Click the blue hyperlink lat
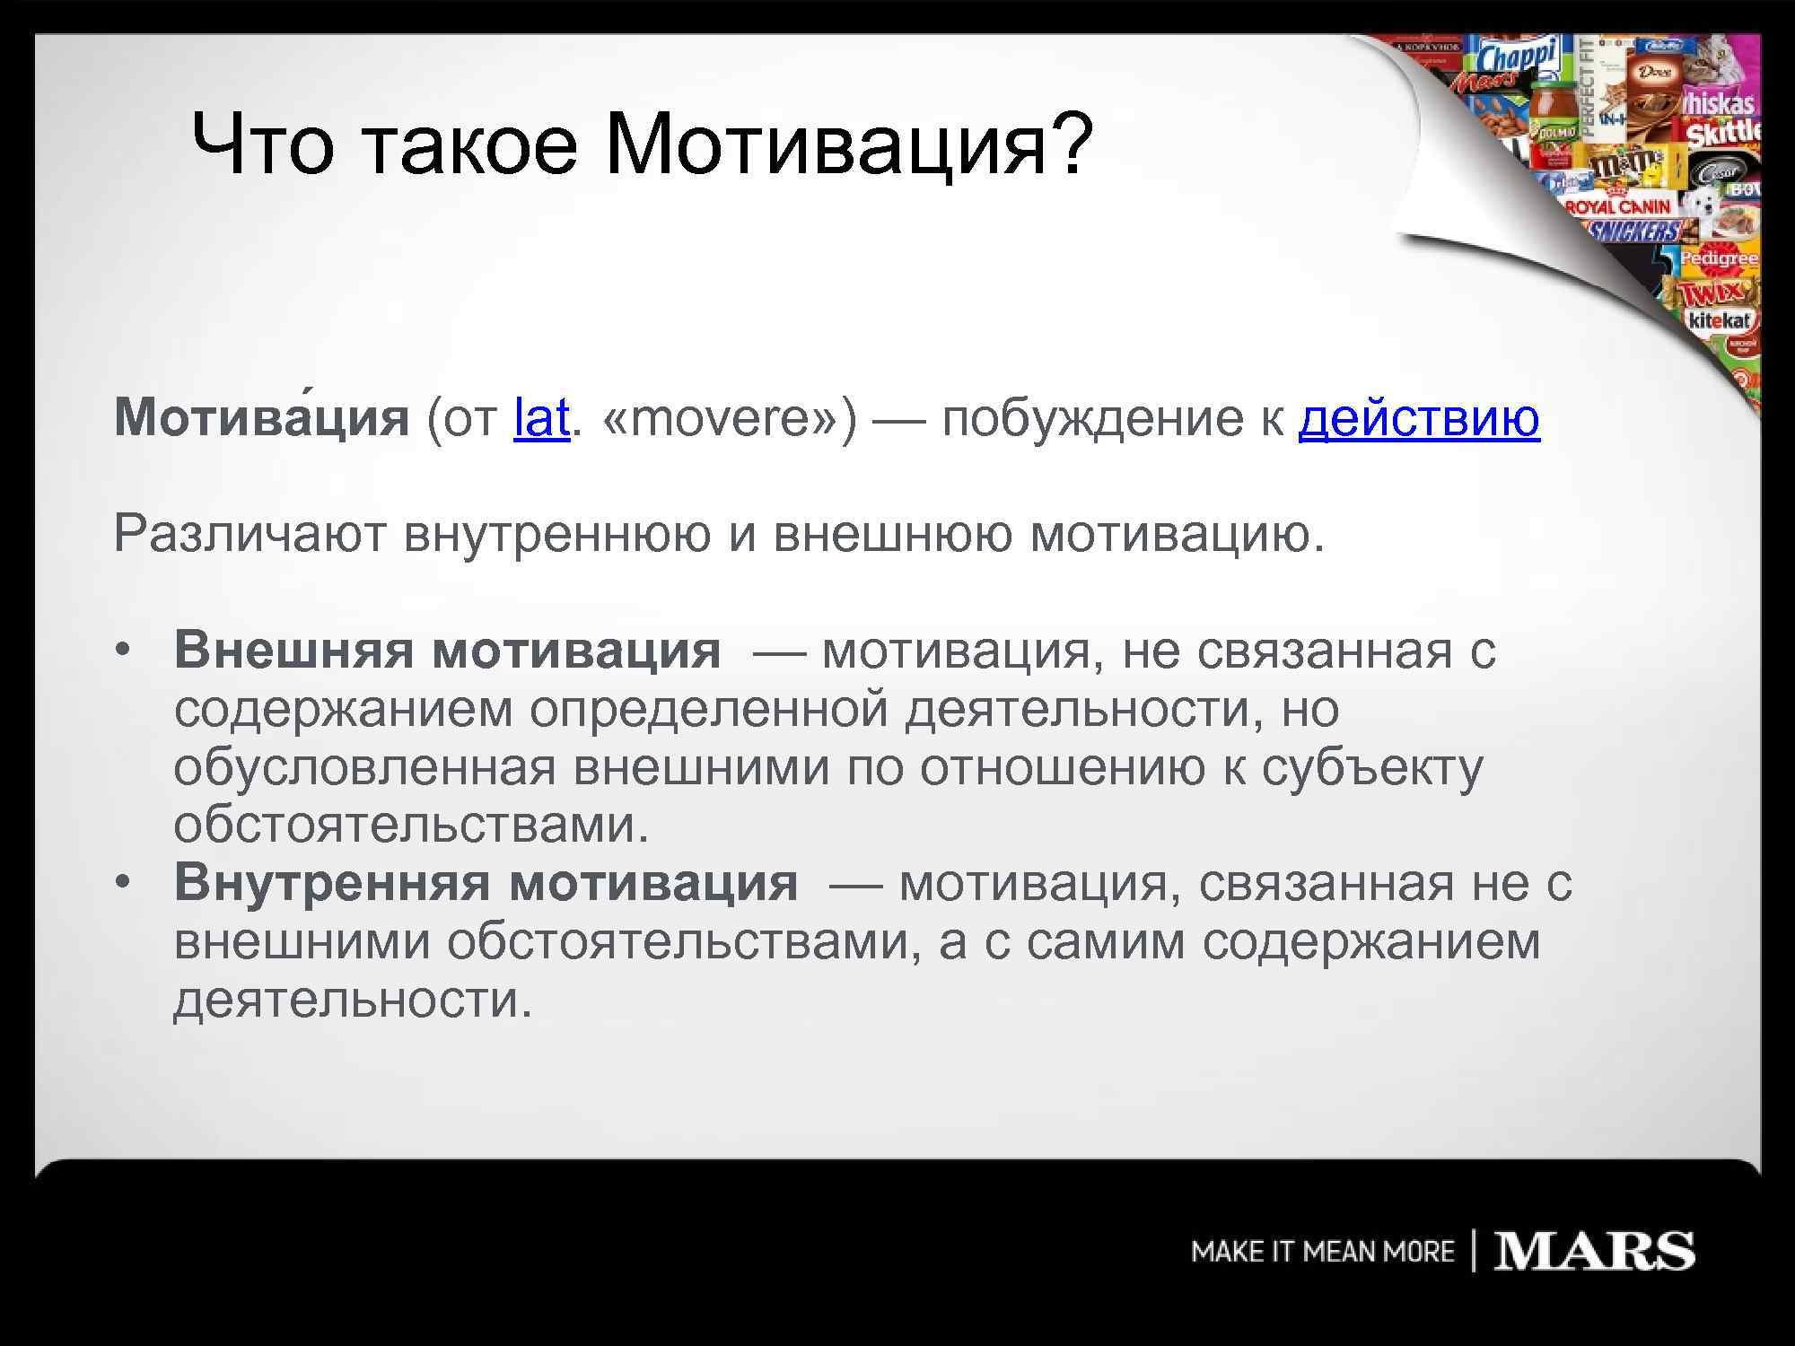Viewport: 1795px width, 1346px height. (x=541, y=418)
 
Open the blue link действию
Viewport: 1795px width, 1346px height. (x=1419, y=418)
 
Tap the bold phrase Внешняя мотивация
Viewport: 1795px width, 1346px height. (x=447, y=650)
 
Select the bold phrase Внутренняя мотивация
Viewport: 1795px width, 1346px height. (x=486, y=882)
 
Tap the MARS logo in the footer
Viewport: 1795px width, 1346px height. (x=1594, y=1251)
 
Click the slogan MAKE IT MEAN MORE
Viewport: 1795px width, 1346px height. (x=1322, y=1252)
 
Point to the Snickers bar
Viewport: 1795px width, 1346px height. (x=1633, y=232)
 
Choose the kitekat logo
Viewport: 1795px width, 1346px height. (x=1720, y=320)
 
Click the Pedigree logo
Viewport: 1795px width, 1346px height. (x=1719, y=259)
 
